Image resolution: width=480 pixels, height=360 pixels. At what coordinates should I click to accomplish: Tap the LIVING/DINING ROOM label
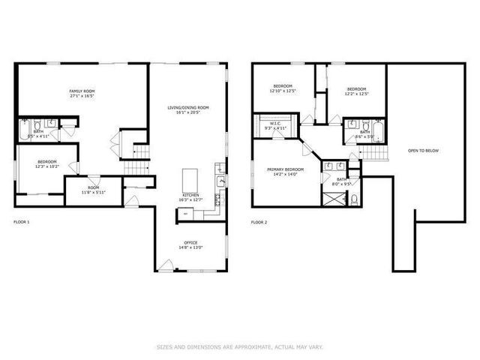[x=188, y=108]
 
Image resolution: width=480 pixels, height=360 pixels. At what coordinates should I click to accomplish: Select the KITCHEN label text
[x=190, y=195]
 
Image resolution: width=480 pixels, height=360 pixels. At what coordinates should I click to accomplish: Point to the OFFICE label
[x=190, y=243]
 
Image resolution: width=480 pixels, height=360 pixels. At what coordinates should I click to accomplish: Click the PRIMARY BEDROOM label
[x=285, y=169]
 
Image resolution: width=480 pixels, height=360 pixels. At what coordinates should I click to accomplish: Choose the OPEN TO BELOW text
[x=423, y=151]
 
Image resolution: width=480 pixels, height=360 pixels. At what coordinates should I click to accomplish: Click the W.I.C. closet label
[x=276, y=124]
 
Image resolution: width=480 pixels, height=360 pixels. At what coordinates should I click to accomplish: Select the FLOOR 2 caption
[x=259, y=223]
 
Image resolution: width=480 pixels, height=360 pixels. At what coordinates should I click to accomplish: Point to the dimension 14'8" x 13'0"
[x=190, y=248]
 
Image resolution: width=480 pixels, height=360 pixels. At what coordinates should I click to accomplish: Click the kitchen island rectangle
[x=190, y=181]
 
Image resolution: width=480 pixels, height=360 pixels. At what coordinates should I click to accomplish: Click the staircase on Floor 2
[x=376, y=153]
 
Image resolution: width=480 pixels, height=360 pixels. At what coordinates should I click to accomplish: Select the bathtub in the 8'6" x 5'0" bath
[x=377, y=133]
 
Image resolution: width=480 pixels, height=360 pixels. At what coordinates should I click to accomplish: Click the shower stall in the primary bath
[x=331, y=198]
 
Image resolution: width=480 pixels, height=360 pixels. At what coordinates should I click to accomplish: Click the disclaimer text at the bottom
[x=240, y=346]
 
